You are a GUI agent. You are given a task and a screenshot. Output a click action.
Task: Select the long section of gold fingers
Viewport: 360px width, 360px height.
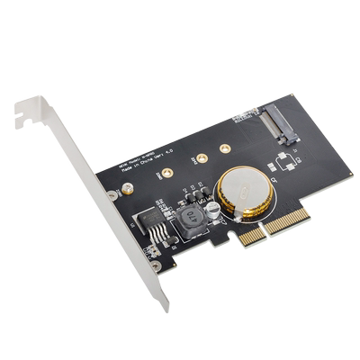pyautogui.click(x=289, y=219)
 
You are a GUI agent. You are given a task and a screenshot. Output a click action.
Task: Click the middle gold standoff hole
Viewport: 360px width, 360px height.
pyautogui.click(x=202, y=158)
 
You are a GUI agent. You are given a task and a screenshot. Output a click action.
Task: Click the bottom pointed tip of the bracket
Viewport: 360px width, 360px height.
pyautogui.click(x=165, y=308)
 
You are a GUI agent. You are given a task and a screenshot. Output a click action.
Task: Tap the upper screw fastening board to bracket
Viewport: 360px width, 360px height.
pyautogui.click(x=112, y=194)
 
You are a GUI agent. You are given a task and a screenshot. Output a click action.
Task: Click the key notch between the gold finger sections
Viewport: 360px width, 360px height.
pyautogui.click(x=265, y=230)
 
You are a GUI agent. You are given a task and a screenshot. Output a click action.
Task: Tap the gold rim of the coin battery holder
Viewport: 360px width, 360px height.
pyautogui.click(x=226, y=209)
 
